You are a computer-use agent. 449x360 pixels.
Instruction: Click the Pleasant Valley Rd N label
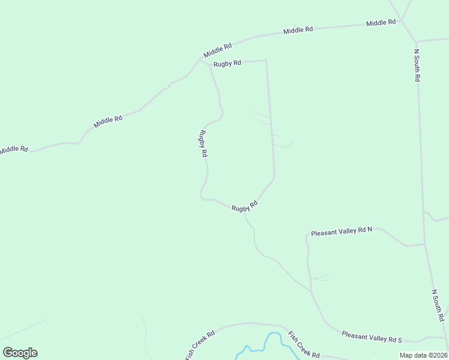pos(342,232)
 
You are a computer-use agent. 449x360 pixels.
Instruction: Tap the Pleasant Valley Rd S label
pos(371,337)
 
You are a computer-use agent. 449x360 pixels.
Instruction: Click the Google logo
pos(20,353)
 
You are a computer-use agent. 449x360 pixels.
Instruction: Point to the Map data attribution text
pos(423,355)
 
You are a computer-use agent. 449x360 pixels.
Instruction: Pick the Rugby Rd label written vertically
pos(203,144)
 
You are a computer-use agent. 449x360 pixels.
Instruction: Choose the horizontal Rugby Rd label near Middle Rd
pos(228,62)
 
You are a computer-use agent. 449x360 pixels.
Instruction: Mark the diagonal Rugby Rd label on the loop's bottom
pos(245,206)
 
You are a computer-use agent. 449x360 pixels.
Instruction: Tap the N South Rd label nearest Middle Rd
pos(417,65)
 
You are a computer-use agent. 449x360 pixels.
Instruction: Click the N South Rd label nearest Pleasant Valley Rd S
pos(437,305)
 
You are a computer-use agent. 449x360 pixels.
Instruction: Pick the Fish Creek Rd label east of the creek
pos(303,346)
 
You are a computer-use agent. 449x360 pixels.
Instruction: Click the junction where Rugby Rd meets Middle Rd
pos(201,60)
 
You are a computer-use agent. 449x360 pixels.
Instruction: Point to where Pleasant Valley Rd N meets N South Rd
pos(424,244)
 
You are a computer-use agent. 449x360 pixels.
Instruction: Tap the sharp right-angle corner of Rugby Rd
pos(265,60)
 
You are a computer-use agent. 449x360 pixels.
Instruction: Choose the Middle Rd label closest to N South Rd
pos(381,23)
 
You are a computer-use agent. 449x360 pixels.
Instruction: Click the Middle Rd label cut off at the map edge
pos(14,149)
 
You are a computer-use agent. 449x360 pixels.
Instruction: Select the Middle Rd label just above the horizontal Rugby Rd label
pos(217,50)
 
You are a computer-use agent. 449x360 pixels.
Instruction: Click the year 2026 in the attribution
pos(439,355)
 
